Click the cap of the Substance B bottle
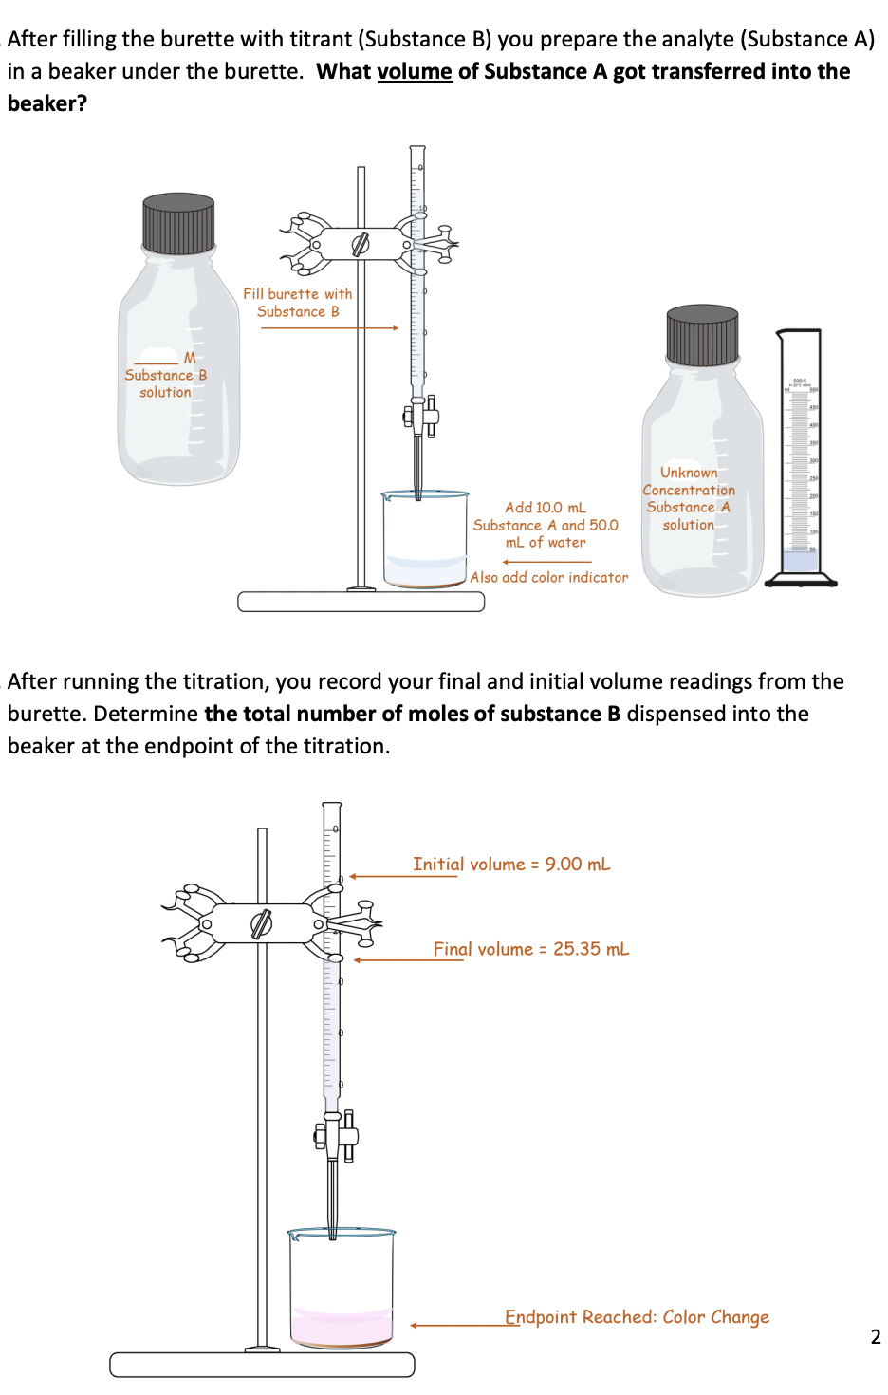178,223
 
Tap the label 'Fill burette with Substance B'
297,303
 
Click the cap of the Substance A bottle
702,335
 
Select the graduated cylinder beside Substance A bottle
801,456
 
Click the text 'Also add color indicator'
548,577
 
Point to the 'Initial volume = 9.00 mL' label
511,865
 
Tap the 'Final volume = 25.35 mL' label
531,949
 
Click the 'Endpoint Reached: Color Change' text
637,1317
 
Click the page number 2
875,1337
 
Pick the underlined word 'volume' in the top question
415,71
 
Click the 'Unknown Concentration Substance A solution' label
689,498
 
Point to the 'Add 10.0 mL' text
546,508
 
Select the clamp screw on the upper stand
360,244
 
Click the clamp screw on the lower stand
261,922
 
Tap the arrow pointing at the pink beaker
455,1325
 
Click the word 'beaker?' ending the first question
47,103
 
